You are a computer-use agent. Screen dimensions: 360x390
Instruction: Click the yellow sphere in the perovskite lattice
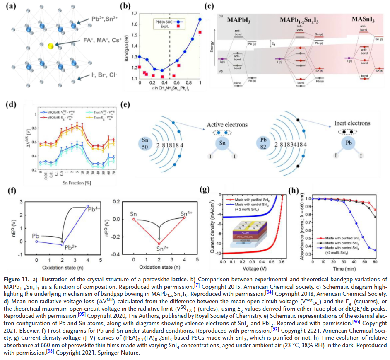pyautogui.click(x=50, y=46)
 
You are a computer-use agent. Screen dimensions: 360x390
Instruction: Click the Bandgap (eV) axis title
pyautogui.click(x=126, y=46)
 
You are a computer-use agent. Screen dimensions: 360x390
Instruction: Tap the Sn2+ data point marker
pyautogui.click(x=159, y=243)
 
